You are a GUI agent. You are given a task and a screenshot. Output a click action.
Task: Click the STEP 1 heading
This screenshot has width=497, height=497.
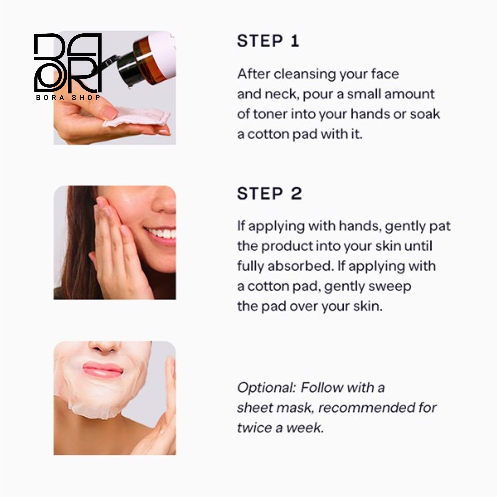[x=268, y=41]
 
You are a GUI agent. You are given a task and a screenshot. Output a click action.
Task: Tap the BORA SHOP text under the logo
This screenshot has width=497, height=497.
[x=68, y=97]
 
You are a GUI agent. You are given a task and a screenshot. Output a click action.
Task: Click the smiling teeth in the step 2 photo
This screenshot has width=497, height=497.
[x=161, y=233]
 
